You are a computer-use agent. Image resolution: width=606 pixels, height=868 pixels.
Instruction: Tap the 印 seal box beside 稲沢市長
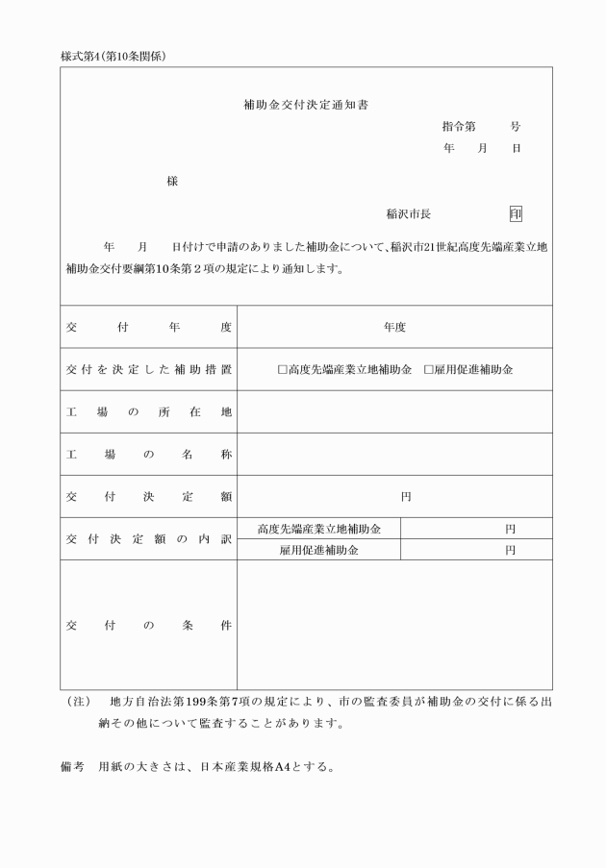517,214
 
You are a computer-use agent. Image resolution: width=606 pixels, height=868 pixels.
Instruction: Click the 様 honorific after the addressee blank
172,182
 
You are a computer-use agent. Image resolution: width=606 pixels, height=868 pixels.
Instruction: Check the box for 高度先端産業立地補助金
283,369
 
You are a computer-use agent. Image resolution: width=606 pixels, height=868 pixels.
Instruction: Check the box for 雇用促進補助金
429,369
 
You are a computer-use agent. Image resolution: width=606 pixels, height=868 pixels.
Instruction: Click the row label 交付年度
149,327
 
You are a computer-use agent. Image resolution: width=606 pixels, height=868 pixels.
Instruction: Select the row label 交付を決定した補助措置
149,369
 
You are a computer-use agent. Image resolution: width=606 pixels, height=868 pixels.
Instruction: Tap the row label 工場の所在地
149,411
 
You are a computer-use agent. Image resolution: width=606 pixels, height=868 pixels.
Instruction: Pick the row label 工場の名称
149,454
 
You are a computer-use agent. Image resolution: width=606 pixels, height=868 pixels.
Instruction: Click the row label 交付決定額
149,496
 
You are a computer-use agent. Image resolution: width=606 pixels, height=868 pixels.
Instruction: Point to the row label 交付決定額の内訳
149,539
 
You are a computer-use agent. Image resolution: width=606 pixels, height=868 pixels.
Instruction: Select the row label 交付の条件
149,625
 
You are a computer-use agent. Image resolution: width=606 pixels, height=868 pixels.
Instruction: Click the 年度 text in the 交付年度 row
394,327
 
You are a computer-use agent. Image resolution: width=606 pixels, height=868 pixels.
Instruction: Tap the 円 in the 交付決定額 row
406,497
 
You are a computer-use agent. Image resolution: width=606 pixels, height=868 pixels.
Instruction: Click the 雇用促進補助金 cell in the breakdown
319,550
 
